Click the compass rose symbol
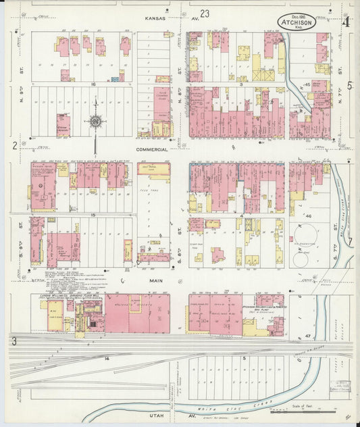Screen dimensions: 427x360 click(96, 122)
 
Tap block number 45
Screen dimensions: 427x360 click(307, 84)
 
